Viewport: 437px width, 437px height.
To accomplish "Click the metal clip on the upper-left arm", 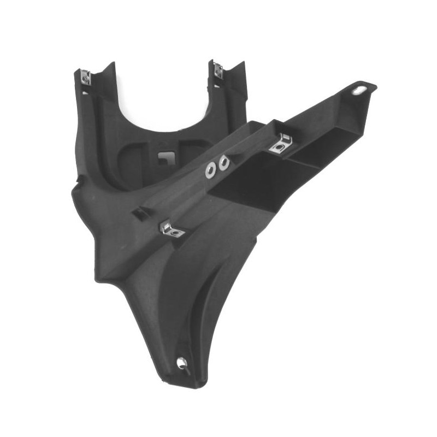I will pos(85,78).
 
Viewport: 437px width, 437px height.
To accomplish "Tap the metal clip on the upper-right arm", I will pos(218,70).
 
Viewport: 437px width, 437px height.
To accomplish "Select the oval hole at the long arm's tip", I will pos(359,90).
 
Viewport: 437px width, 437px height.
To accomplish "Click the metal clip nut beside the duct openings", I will pos(281,143).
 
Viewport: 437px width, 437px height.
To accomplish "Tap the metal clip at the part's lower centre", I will pos(172,229).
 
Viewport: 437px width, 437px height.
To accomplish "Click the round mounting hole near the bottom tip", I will pos(182,362).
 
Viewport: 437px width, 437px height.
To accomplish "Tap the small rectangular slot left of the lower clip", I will pos(140,213).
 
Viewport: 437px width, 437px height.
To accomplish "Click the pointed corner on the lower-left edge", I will pos(99,279).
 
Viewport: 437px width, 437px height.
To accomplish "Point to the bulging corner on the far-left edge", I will pos(74,188).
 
